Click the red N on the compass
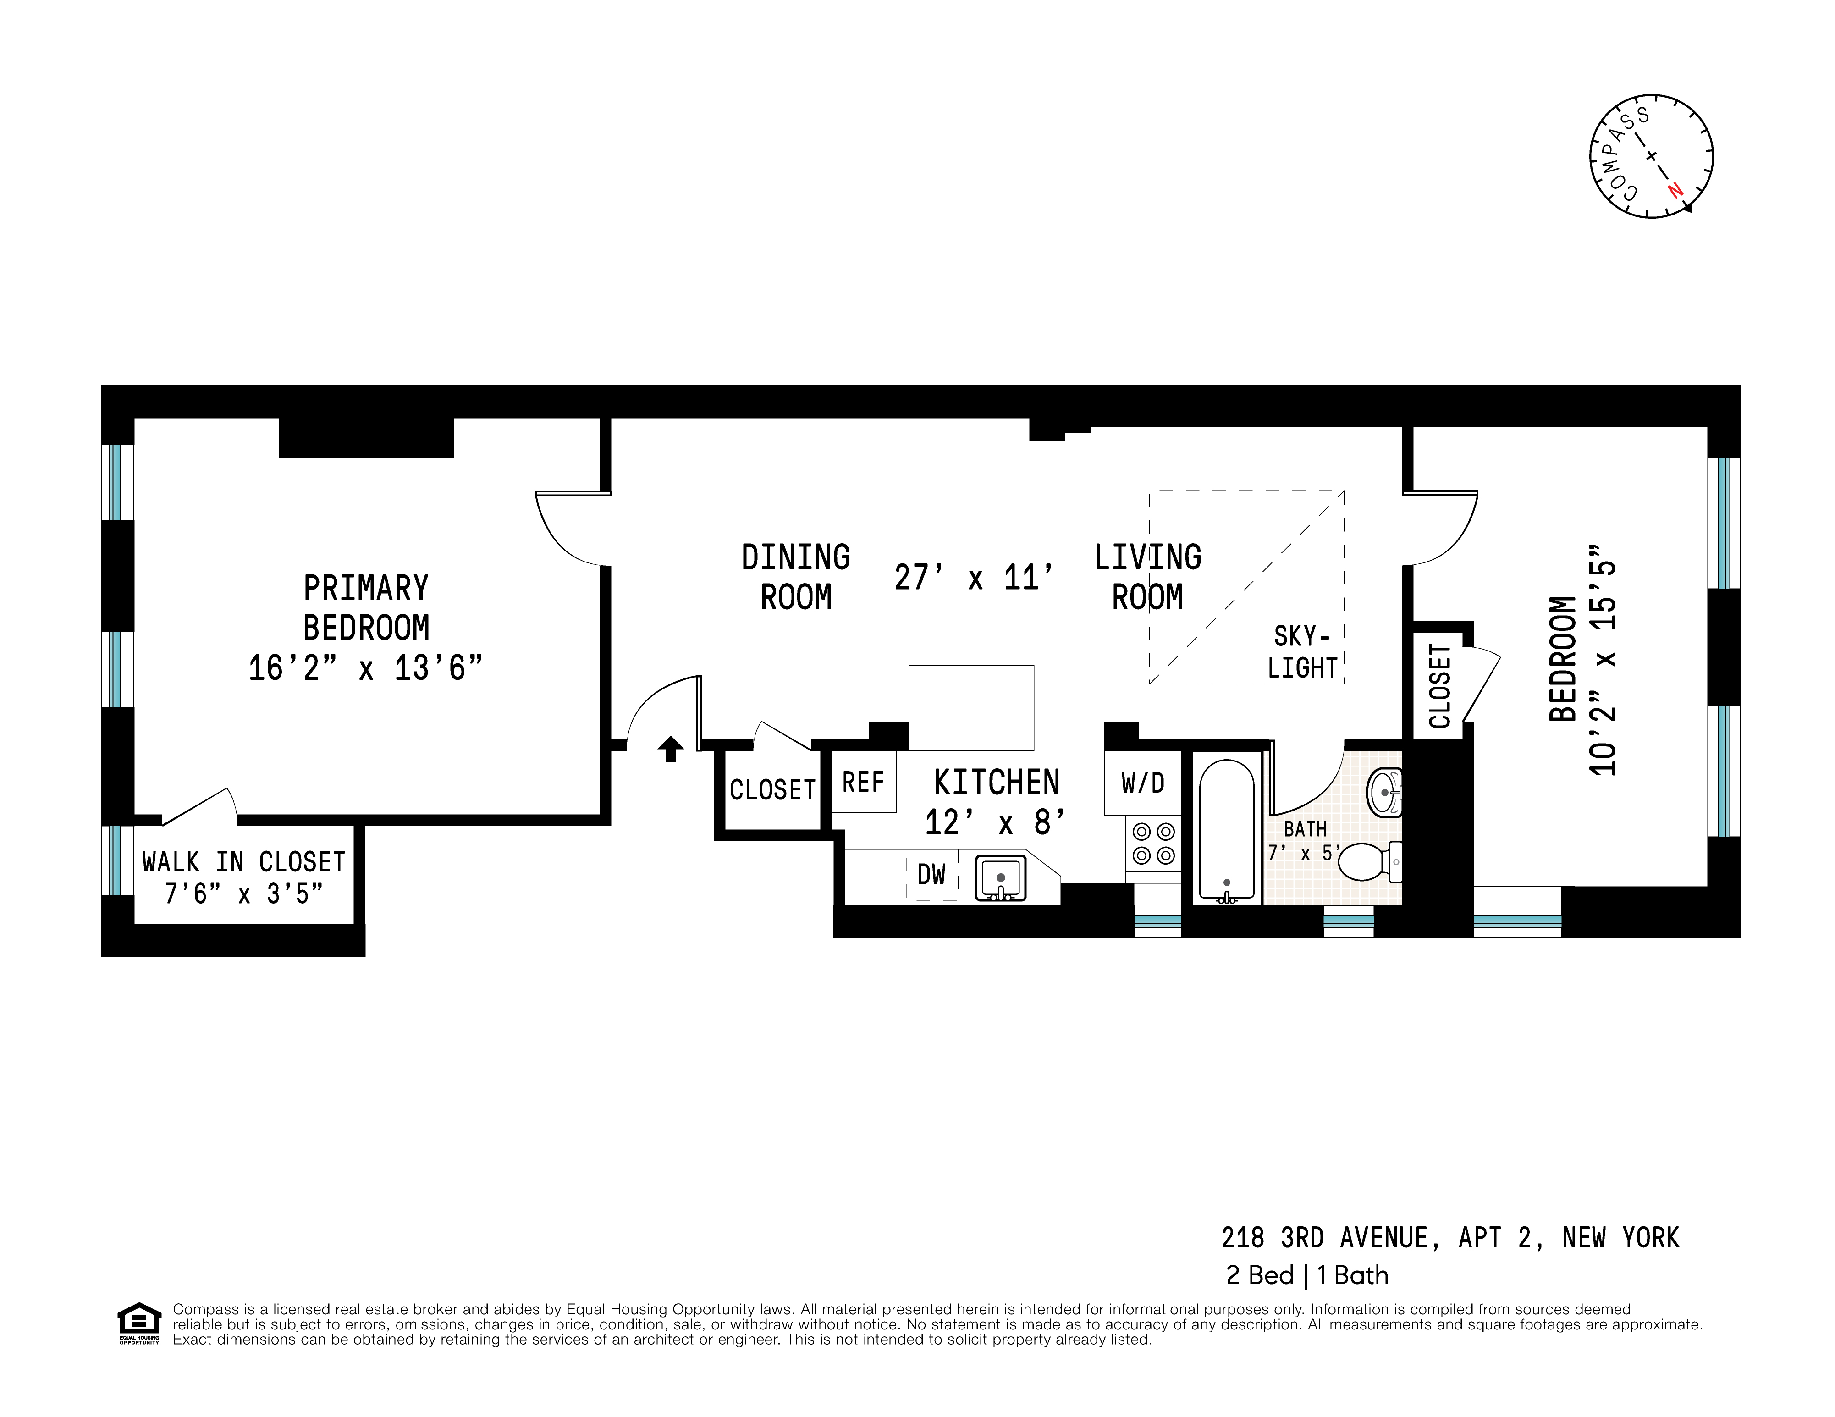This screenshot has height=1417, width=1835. coord(1675,190)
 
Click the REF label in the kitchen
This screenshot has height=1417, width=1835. coord(863,783)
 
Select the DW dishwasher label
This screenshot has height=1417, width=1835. coord(931,875)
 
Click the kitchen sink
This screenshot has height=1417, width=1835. coord(1000,877)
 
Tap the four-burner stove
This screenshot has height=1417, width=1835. coord(1153,844)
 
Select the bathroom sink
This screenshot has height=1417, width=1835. coord(1385,792)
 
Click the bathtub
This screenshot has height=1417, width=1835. coord(1227,830)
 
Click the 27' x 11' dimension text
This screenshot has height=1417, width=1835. coord(973,578)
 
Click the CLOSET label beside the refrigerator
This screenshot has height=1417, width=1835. coord(772,790)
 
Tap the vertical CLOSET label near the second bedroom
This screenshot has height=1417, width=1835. coord(1439,686)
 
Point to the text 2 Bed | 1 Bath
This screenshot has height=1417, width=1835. coord(1306,1275)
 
